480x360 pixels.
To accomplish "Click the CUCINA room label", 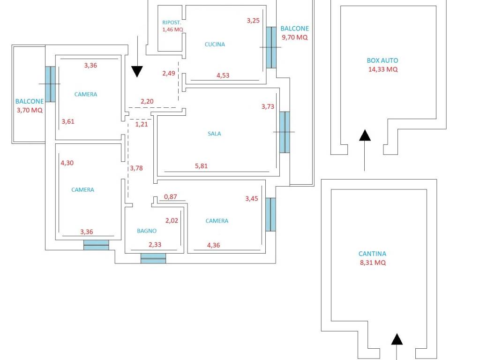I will point(215,45).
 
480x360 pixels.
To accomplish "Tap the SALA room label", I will point(214,134).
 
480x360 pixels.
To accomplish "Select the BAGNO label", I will point(147,231).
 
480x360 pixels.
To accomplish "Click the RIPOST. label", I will point(172,22).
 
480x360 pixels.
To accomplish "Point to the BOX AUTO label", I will point(382,60).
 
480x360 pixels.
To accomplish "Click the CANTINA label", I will point(373,254).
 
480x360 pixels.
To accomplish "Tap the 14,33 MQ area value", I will point(383,69).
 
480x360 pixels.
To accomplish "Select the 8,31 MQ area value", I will point(373,263).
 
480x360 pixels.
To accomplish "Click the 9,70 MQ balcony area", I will point(294,37).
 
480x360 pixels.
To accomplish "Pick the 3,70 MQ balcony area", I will point(29,110).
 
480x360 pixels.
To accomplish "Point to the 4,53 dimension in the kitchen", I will point(223,75).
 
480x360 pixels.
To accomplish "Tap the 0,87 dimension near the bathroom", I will point(170,197).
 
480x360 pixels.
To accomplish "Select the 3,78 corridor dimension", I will point(136,168).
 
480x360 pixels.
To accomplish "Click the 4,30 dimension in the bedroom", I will point(67,163).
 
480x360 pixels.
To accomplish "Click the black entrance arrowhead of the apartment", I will point(136,71).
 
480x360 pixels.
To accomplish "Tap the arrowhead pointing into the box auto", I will point(365,135).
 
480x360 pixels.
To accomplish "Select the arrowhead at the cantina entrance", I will point(397,339).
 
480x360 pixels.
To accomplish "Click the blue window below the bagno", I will point(153,258).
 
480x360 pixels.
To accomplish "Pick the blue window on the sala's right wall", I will point(285,132).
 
